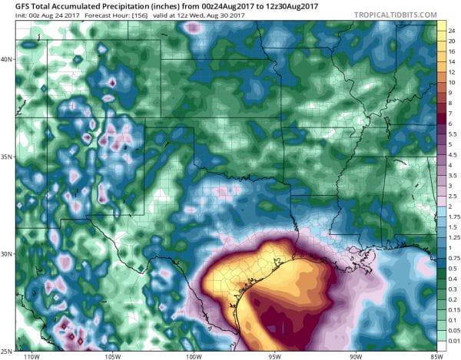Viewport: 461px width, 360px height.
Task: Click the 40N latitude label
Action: [8, 59]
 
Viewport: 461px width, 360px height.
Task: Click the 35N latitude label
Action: [8, 157]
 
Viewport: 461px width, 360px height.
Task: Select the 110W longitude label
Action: [32, 355]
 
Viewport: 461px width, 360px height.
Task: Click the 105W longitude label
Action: [113, 355]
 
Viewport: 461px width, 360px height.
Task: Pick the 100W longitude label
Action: [192, 355]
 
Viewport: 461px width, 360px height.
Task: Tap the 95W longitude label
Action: [273, 355]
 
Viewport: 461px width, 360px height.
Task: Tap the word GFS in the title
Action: [12, 6]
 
